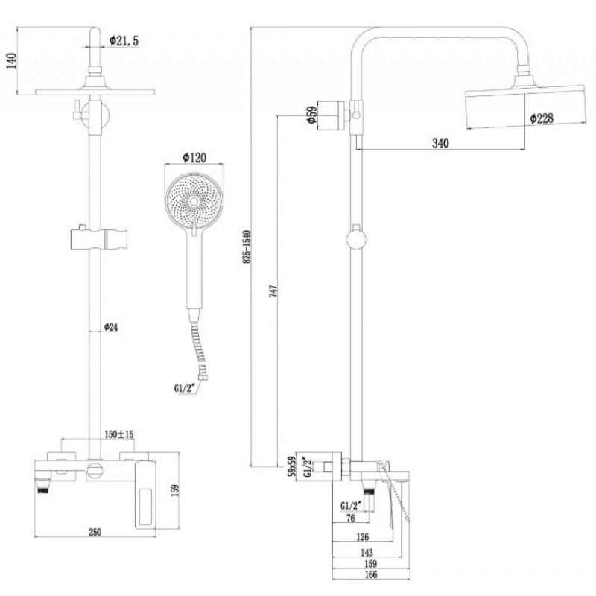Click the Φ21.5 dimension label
point(124,41)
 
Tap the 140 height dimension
point(12,61)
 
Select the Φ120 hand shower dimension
point(194,157)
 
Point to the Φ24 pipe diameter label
point(111,326)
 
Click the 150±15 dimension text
point(119,434)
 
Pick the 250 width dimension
point(95,532)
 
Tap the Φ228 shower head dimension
point(542,118)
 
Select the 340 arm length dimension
point(440,143)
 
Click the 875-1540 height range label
point(247,247)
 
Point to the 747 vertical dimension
point(273,291)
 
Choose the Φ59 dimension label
point(311,115)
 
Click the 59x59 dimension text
point(292,466)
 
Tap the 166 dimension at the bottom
point(370,574)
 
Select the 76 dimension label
point(350,518)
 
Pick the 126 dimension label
point(362,536)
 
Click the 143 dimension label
point(366,552)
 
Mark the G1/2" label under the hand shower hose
point(184,388)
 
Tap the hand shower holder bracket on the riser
point(98,239)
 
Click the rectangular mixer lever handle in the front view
point(145,494)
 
